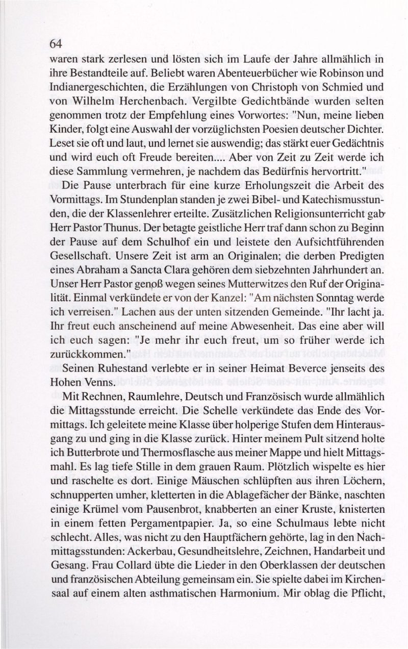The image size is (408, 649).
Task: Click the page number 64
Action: click(56, 44)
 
